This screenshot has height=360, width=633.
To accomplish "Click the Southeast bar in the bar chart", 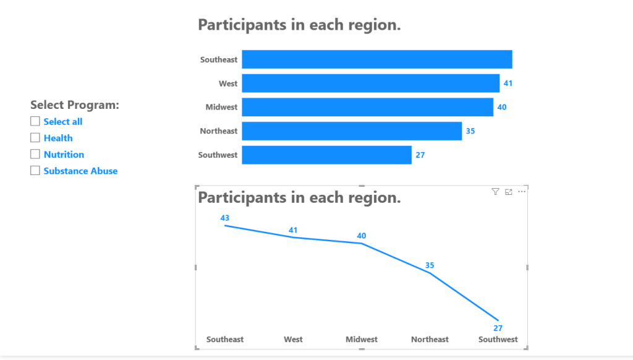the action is click(377, 59).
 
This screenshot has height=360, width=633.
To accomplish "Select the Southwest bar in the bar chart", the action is click(326, 155).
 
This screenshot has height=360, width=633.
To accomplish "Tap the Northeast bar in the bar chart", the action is click(352, 131).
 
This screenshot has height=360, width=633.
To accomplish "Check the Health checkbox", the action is click(35, 138).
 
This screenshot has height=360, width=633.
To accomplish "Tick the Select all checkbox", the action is click(35, 121).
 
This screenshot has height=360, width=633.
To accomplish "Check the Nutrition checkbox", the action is click(35, 154).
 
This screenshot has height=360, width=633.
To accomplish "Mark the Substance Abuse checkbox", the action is click(35, 171).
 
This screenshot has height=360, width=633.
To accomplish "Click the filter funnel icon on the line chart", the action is click(495, 192).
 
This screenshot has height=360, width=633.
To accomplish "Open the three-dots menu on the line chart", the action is click(522, 192).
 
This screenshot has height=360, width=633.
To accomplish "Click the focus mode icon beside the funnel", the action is click(509, 192).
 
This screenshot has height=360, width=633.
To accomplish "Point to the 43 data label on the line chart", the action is click(225, 218).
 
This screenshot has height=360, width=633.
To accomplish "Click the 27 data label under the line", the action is click(498, 328).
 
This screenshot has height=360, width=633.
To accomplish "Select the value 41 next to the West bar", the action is click(508, 84).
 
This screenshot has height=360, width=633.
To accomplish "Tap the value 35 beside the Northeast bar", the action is click(470, 131).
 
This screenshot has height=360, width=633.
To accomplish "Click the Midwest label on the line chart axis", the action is click(361, 340).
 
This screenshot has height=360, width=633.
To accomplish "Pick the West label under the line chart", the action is click(293, 340).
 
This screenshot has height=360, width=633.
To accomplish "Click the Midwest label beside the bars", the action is click(221, 107).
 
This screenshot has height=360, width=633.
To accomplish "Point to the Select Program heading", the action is click(75, 105).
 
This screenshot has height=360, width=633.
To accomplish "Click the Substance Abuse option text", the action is click(81, 171).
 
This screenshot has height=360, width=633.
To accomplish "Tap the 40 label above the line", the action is click(361, 236).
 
